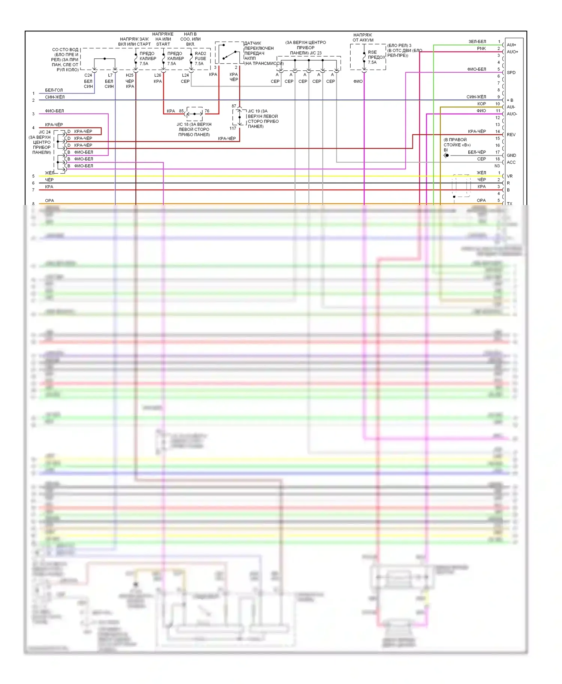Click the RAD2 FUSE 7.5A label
(200, 58)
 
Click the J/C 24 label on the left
(44, 132)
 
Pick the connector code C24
(88, 75)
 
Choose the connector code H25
(130, 75)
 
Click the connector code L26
(158, 75)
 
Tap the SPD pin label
(511, 73)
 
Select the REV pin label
(511, 135)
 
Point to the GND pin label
(511, 155)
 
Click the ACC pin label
(511, 162)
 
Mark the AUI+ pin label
(511, 45)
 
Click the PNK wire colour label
(481, 49)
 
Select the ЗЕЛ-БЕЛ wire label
(477, 42)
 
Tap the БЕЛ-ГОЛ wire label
(54, 90)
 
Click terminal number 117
(233, 128)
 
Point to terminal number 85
(181, 111)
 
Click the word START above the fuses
(163, 44)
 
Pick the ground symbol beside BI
(446, 155)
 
